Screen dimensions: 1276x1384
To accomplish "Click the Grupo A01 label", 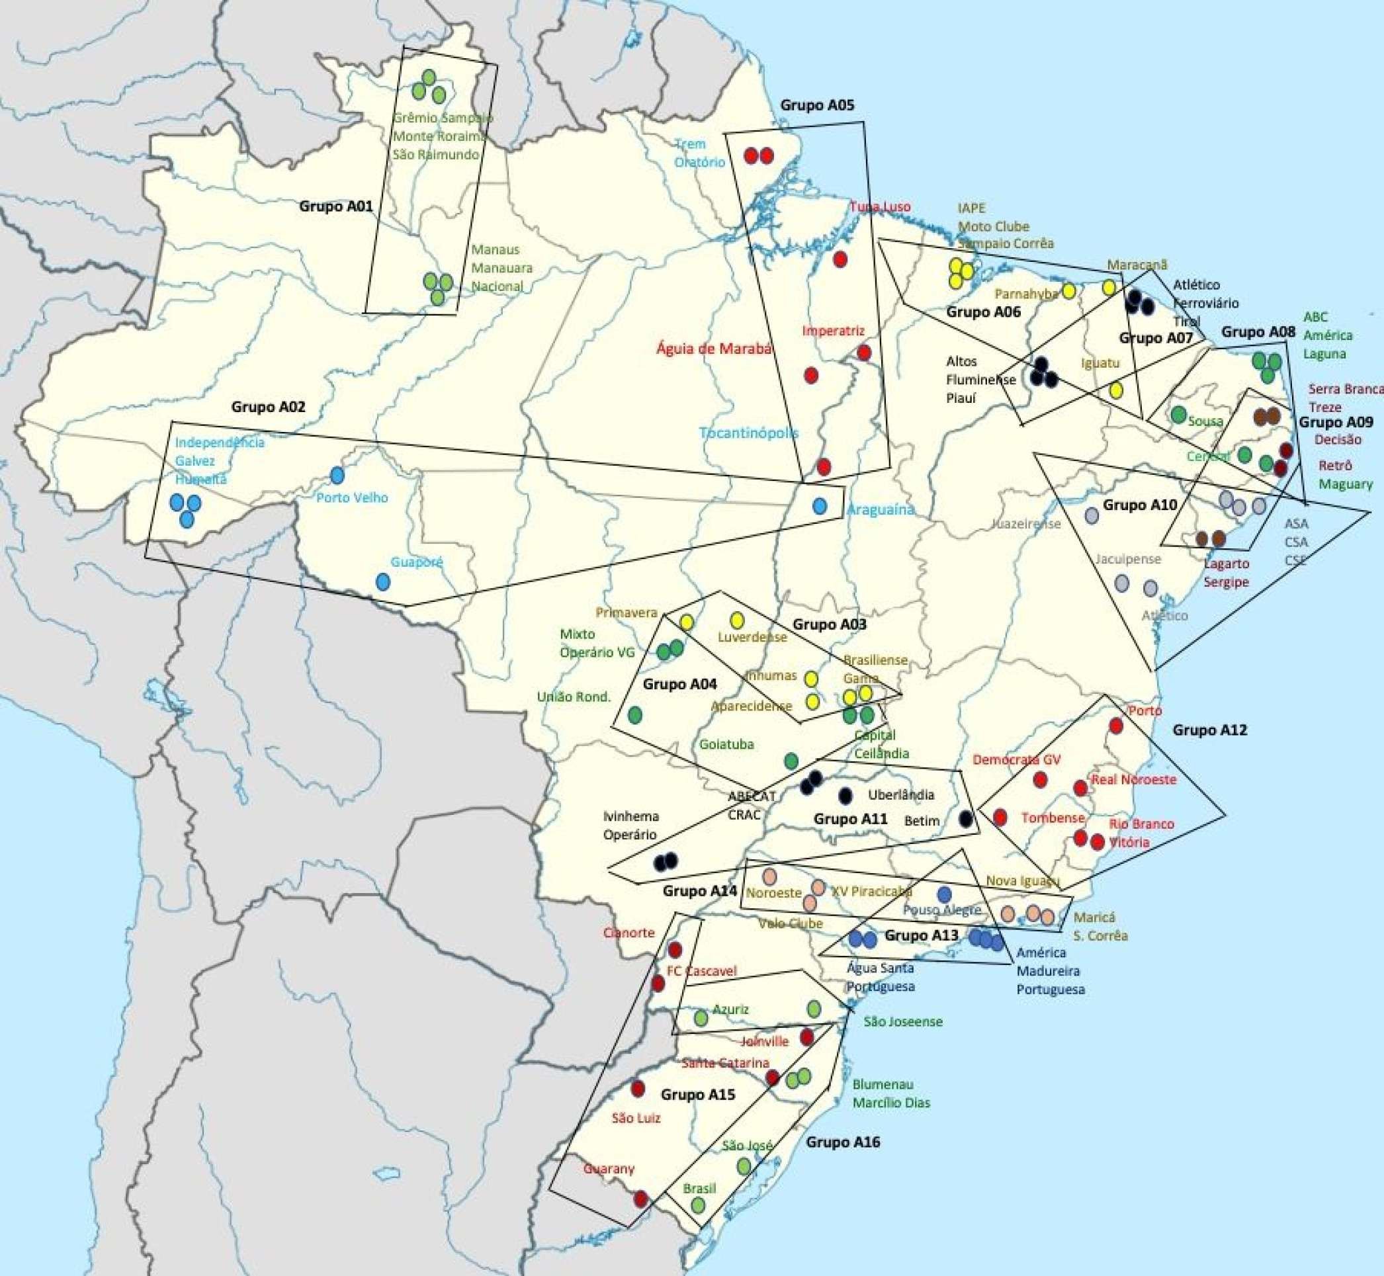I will click(335, 206).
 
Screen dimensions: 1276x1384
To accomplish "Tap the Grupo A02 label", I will click(268, 407).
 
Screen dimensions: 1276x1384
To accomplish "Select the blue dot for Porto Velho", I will click(337, 475).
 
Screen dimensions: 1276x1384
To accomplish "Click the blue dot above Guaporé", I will click(382, 582).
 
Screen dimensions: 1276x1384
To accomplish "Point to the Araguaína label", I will click(880, 509).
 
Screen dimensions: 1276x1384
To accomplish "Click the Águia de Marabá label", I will click(713, 348).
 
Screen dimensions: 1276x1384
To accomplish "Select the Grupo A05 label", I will click(817, 106).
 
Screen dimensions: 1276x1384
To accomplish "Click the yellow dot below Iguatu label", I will click(1116, 391).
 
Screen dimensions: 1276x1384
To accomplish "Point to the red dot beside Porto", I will click(1115, 726).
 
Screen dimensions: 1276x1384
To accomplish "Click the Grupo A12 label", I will click(1210, 730).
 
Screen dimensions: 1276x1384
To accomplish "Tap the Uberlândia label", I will click(900, 794).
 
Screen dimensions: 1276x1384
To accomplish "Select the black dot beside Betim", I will click(966, 819).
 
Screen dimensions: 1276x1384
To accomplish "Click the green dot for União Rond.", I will click(635, 714).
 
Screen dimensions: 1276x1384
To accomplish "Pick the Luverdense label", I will click(752, 637).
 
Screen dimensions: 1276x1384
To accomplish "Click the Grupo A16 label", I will click(843, 1143).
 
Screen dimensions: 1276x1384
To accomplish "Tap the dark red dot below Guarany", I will click(641, 1199).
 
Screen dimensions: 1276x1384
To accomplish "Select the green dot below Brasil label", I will click(697, 1205).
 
